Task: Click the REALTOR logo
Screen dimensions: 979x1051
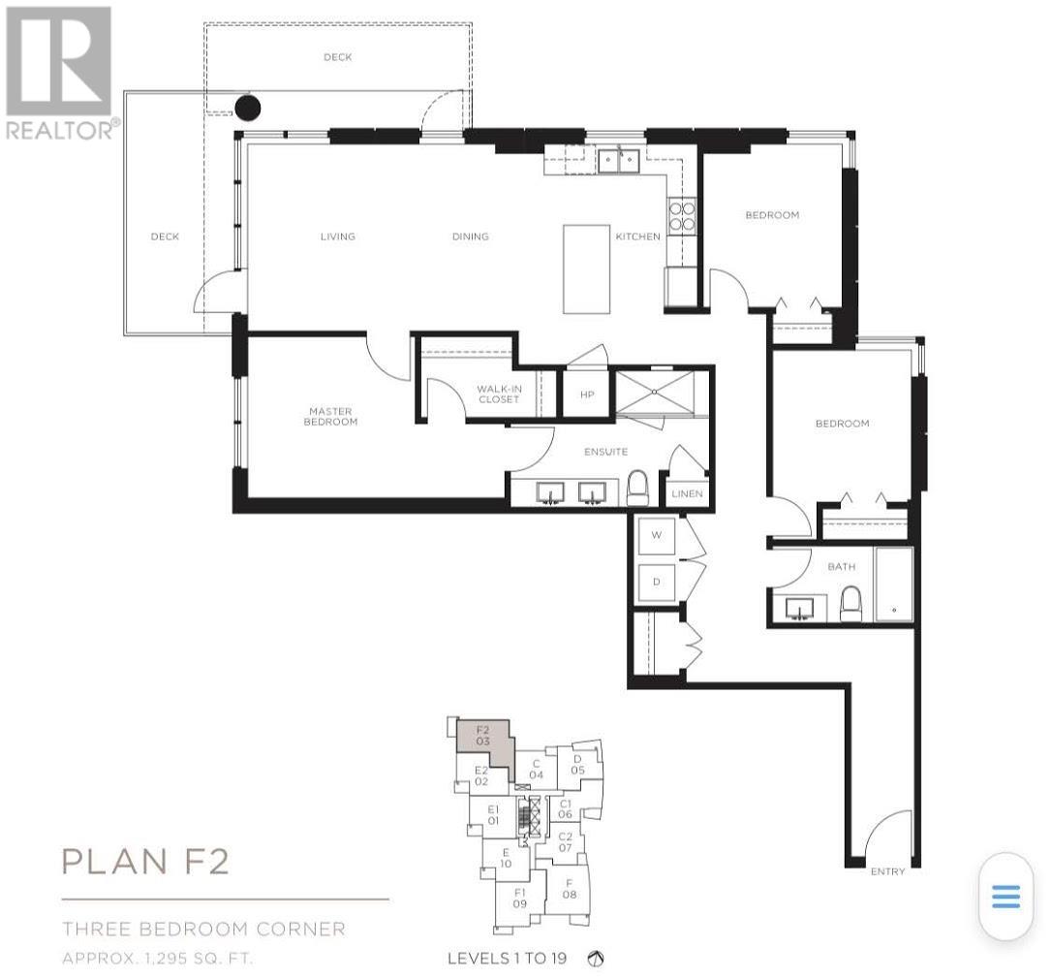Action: point(59,73)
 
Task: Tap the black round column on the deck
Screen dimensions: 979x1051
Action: point(249,107)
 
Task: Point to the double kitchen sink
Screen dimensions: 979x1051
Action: point(617,159)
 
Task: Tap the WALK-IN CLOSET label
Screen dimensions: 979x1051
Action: point(498,394)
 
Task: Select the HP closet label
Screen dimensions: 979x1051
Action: point(586,395)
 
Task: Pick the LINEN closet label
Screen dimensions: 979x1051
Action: point(687,493)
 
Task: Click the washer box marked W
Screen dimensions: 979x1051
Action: point(656,535)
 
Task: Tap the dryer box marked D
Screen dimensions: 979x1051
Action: point(656,583)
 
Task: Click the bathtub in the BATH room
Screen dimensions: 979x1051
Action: point(893,584)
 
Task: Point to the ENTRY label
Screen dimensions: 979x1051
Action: point(887,871)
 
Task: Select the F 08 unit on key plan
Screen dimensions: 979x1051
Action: point(570,888)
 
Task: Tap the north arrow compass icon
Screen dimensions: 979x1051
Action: point(597,959)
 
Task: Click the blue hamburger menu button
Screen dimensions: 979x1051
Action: point(1005,897)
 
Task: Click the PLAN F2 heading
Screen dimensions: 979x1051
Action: point(145,861)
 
